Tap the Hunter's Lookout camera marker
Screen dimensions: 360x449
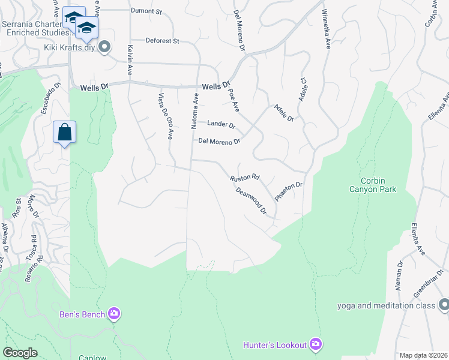point(316,344)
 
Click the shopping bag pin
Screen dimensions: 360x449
point(65,132)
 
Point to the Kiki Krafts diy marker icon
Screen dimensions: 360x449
point(105,47)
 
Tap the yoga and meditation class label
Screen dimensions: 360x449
point(385,306)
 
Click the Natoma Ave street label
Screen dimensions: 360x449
point(195,113)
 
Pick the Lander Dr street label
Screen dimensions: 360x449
point(220,124)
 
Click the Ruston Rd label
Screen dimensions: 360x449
point(244,178)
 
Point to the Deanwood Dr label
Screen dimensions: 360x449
point(252,200)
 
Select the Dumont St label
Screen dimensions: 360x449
point(146,11)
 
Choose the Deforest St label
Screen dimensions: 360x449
point(162,41)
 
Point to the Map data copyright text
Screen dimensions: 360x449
point(423,355)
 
